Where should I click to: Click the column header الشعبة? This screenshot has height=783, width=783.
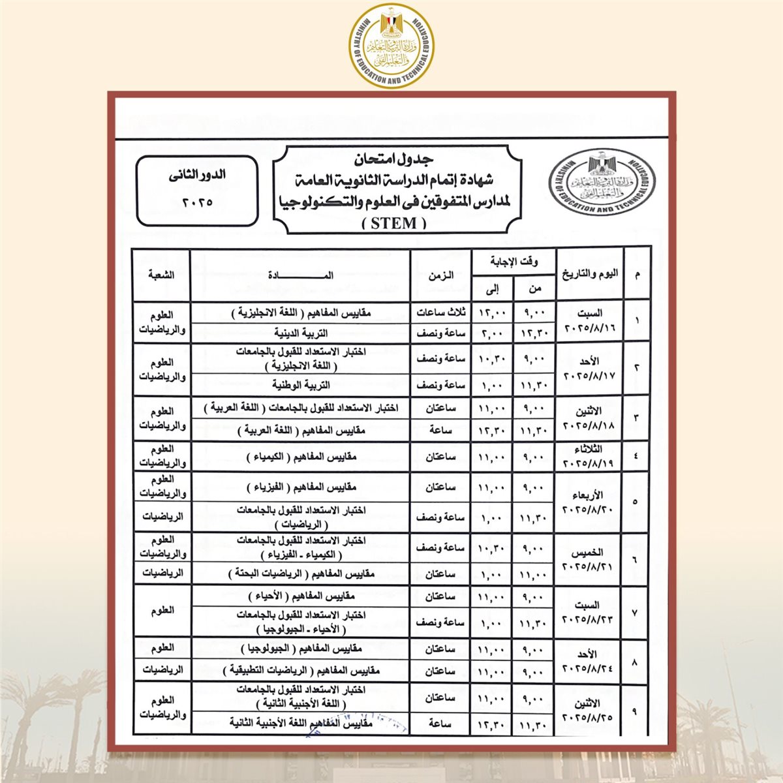[161, 275]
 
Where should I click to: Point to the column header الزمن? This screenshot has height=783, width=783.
[440, 275]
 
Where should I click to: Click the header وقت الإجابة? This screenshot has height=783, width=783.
[514, 262]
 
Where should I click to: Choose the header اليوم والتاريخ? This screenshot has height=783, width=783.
[590, 274]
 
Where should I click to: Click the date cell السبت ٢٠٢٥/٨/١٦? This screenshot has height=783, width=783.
[590, 320]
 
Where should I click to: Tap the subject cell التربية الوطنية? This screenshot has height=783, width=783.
[301, 384]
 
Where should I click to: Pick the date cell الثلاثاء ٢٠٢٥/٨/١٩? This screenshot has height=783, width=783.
[590, 456]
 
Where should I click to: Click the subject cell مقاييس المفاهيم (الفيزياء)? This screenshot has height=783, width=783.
[301, 487]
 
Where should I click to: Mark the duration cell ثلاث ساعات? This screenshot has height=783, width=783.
[440, 313]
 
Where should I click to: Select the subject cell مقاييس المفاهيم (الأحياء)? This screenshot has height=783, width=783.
[301, 596]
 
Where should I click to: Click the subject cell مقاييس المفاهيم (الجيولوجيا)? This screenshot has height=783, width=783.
[301, 649]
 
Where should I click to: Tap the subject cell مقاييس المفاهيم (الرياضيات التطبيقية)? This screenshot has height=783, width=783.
[301, 671]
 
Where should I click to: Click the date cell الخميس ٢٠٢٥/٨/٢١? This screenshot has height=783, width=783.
[590, 559]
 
